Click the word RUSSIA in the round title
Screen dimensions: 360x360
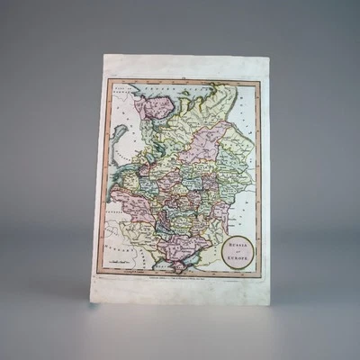pyautogui.click(x=238, y=240)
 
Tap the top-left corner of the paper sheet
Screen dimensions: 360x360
pyautogui.click(x=103, y=55)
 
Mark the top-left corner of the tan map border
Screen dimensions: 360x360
pyautogui.click(x=108, y=80)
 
